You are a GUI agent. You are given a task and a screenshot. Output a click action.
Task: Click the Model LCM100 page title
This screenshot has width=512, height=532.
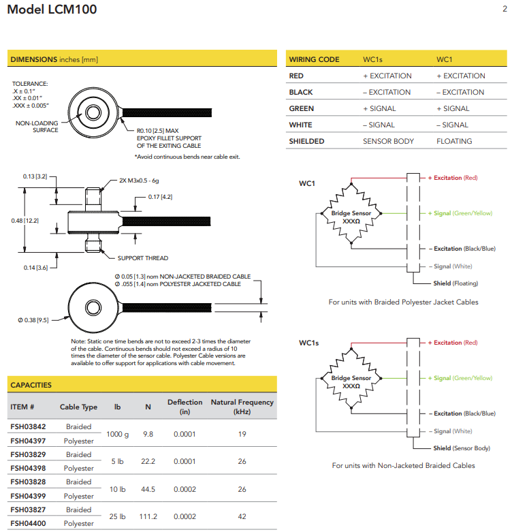tap(52, 10)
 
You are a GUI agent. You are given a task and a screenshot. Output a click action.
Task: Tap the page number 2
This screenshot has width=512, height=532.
tap(505, 9)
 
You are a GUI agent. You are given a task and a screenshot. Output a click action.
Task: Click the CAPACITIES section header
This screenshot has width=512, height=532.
tap(31, 385)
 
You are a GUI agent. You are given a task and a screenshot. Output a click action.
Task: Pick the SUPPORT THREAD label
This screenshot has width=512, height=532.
tap(142, 258)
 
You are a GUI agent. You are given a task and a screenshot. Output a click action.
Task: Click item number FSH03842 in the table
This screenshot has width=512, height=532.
tap(28, 426)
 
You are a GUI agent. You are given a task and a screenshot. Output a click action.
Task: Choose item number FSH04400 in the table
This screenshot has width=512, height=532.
tap(28, 523)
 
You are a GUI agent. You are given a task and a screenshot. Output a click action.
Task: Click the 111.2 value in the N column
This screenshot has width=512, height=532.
tap(148, 516)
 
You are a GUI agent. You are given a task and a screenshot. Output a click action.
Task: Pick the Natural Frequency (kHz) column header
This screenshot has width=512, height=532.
tap(242, 407)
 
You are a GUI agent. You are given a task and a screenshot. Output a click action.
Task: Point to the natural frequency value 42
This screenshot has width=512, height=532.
tap(242, 516)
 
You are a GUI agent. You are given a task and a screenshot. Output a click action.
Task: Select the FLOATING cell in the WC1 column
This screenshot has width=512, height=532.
tap(454, 141)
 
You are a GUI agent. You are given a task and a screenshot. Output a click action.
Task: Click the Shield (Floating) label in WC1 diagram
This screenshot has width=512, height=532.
tap(455, 283)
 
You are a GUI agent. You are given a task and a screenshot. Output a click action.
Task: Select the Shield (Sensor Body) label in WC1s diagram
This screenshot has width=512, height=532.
tap(461, 448)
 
